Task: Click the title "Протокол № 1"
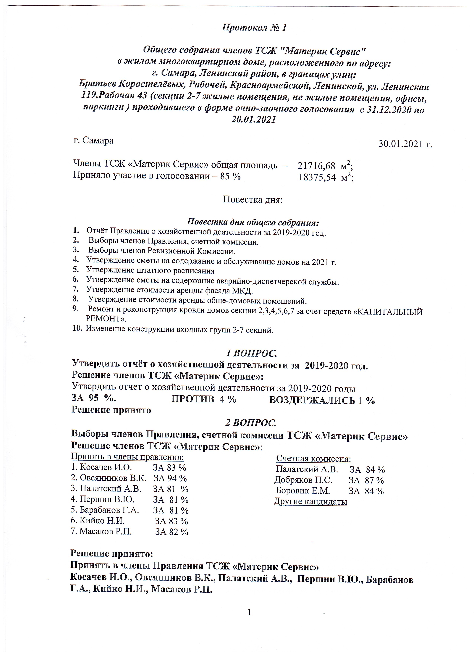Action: (x=254, y=28)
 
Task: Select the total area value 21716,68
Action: (x=316, y=166)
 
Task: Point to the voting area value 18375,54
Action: (x=317, y=177)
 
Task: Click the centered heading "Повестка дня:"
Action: (x=253, y=199)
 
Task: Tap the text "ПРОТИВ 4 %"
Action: (x=203, y=399)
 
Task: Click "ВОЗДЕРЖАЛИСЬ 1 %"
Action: (x=322, y=401)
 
